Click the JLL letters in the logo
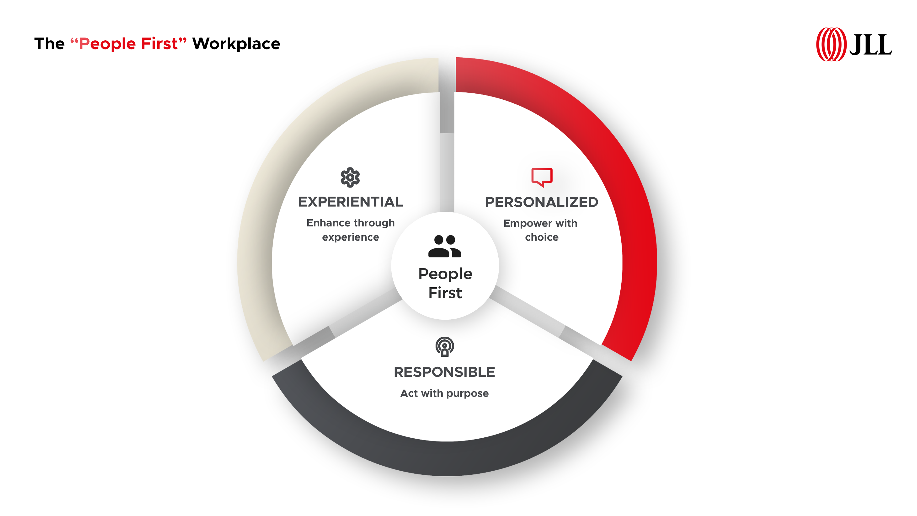click(870, 45)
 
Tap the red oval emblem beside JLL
click(831, 44)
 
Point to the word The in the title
click(49, 44)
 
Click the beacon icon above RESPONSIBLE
click(445, 346)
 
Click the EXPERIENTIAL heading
click(351, 202)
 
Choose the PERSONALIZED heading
click(542, 202)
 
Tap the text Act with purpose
click(445, 393)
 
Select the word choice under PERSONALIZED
click(542, 237)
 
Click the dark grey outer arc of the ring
click(447, 459)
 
